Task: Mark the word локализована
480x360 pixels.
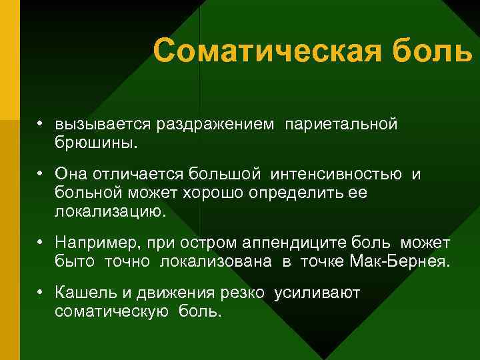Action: tap(215, 261)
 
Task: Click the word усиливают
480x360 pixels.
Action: tap(317, 294)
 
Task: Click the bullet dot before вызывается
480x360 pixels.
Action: tap(41, 124)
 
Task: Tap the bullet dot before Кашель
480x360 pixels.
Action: tap(41, 294)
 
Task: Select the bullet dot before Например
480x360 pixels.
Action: tap(41, 241)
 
